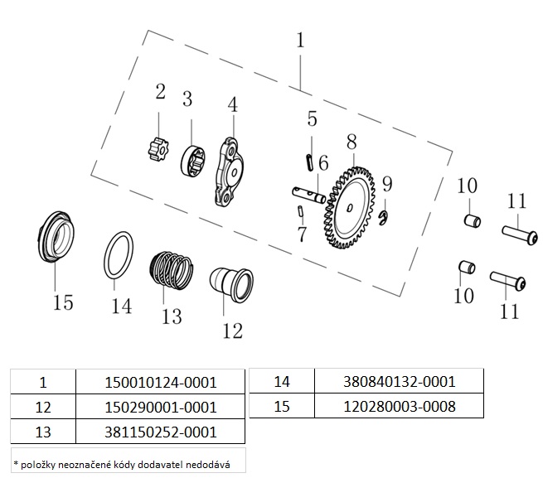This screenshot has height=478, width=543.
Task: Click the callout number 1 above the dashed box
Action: pyautogui.click(x=300, y=40)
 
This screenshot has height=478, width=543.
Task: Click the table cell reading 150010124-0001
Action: pyautogui.click(x=161, y=382)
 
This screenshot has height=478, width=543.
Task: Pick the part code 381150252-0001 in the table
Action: pyautogui.click(x=161, y=432)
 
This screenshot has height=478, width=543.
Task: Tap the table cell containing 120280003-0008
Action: pyautogui.click(x=400, y=407)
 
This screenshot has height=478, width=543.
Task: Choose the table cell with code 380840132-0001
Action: pyautogui.click(x=400, y=382)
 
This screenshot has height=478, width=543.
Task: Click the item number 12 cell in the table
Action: pyautogui.click(x=44, y=407)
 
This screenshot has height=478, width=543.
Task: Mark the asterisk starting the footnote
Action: pyautogui.click(x=16, y=458)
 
